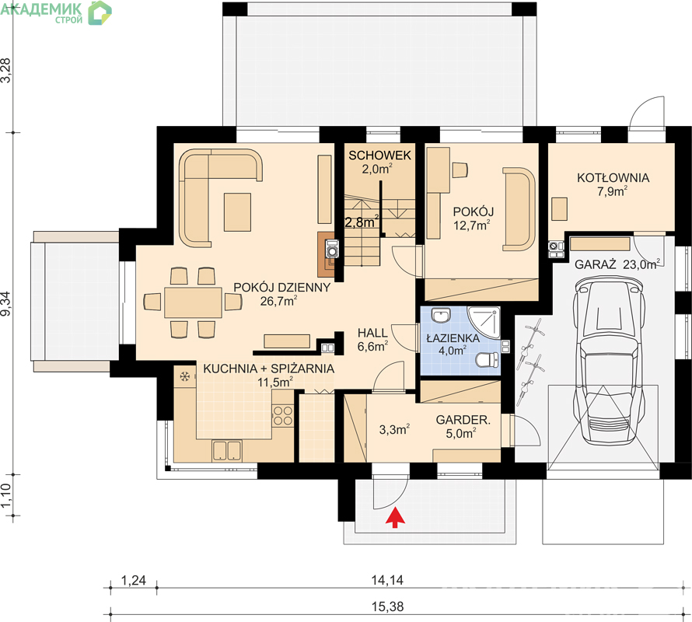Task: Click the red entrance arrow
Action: tap(396, 517)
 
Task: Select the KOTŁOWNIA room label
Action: tap(613, 178)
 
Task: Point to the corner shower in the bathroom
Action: tap(485, 321)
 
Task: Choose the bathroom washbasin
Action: tap(440, 316)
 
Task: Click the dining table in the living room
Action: tap(194, 302)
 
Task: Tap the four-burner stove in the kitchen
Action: tap(282, 415)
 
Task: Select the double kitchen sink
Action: tap(226, 451)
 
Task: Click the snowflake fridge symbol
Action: tap(184, 376)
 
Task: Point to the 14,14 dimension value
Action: tap(387, 580)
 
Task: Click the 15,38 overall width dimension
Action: tap(387, 607)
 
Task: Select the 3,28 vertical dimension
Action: tap(6, 70)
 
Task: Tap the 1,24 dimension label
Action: tap(133, 580)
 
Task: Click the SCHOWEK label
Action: tap(379, 155)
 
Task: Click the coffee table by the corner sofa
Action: tap(237, 212)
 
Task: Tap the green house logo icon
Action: tap(100, 12)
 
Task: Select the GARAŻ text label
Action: tap(595, 265)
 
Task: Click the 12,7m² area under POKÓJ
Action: tap(472, 225)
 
